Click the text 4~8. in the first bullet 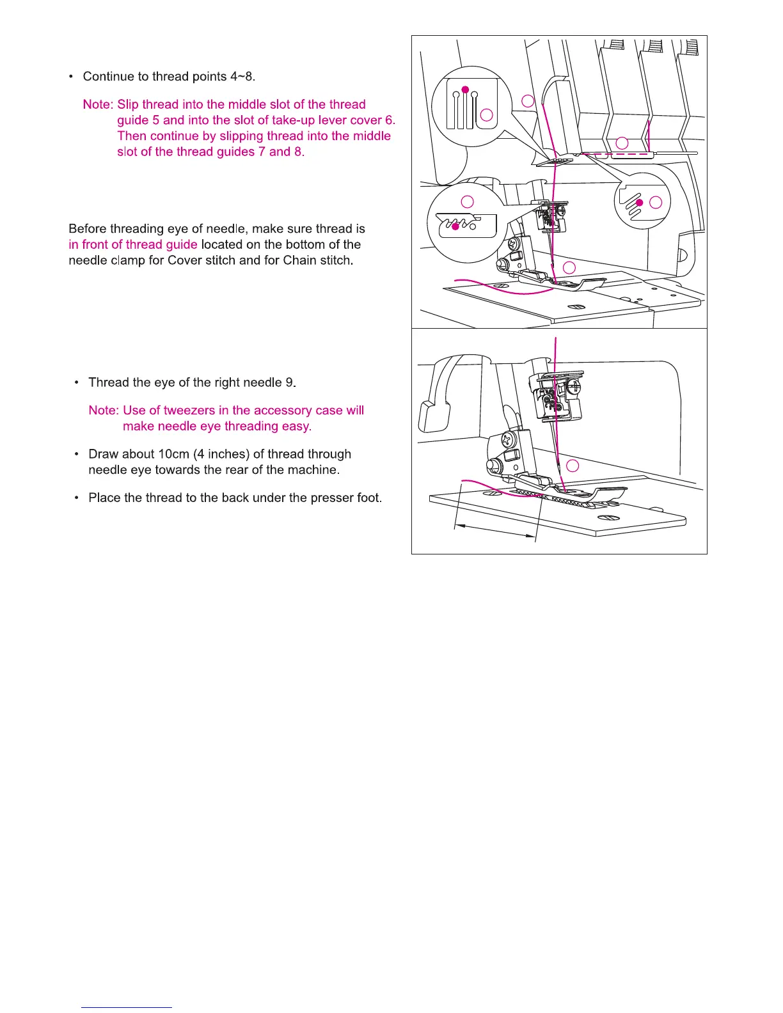tap(242, 77)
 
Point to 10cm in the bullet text tap(173, 454)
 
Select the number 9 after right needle tap(289, 382)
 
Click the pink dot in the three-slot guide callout tap(466, 89)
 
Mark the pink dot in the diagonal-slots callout tap(638, 203)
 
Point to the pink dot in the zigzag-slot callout tap(455, 226)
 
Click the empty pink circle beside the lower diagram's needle tap(573, 466)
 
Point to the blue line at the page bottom tap(127, 1007)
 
